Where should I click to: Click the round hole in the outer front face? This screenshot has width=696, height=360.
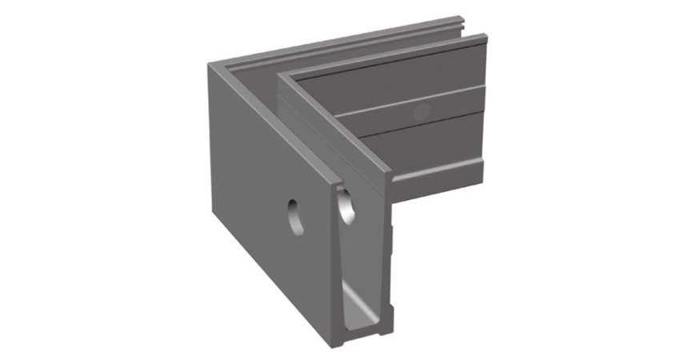pyautogui.click(x=295, y=215)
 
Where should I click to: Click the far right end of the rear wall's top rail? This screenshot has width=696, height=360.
pyautogui.click(x=462, y=18)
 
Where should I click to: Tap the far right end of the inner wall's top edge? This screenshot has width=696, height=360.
pyautogui.click(x=484, y=35)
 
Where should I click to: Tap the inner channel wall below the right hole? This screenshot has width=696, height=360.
pyautogui.click(x=364, y=264)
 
